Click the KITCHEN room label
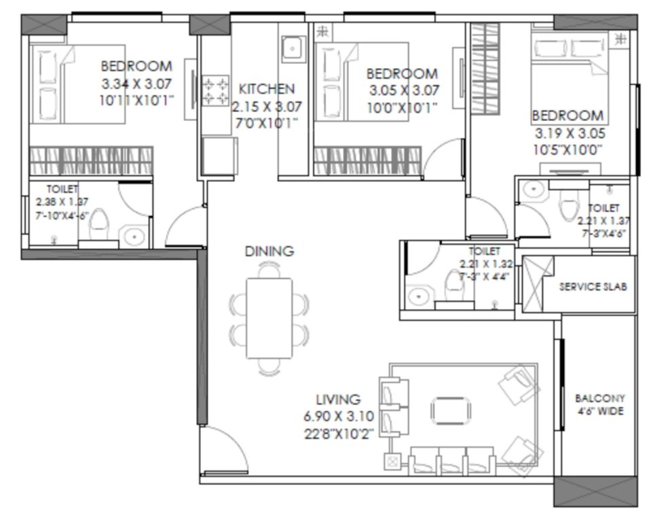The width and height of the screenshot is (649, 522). pyautogui.click(x=267, y=88)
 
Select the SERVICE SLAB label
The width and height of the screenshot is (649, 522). pyautogui.click(x=593, y=286)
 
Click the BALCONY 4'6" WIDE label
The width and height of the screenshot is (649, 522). pyautogui.click(x=599, y=404)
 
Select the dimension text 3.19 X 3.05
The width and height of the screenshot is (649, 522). pyautogui.click(x=567, y=133)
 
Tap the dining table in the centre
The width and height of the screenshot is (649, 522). pyautogui.click(x=269, y=317)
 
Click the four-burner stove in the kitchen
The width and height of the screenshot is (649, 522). pyautogui.click(x=217, y=91)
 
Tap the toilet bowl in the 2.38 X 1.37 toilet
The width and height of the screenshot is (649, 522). pyautogui.click(x=99, y=222)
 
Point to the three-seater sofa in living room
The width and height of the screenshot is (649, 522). pyautogui.click(x=452, y=460)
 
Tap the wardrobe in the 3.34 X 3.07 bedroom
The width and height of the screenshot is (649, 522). pyautogui.click(x=90, y=162)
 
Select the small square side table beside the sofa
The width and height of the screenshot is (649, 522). pyautogui.click(x=393, y=461)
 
